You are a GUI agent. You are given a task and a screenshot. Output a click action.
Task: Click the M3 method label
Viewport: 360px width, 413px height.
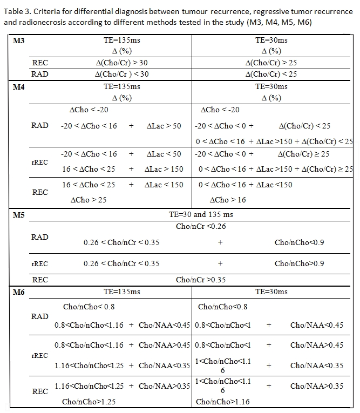click(18, 40)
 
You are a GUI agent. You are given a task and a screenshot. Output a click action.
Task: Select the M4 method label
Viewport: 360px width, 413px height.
click(18, 86)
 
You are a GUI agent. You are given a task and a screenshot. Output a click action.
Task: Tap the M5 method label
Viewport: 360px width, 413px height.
click(18, 215)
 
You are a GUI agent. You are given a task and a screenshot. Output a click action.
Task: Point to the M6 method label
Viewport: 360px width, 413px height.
click(18, 292)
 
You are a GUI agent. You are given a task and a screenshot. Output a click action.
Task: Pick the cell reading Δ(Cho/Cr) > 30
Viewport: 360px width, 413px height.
click(121, 63)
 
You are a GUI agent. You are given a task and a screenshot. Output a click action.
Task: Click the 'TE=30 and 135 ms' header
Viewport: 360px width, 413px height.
click(201, 215)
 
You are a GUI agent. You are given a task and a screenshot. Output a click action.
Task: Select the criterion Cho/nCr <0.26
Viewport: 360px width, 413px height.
click(201, 226)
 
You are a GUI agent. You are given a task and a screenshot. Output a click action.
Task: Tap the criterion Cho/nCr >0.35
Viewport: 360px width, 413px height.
click(201, 280)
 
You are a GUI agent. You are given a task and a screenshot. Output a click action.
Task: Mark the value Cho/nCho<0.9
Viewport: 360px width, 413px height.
click(299, 242)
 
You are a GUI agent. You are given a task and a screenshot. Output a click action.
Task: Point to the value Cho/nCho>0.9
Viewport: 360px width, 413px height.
click(299, 264)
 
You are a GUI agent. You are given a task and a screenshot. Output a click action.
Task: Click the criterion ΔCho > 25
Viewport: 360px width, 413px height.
click(89, 200)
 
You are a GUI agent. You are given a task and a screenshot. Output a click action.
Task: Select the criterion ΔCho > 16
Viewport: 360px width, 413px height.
click(227, 200)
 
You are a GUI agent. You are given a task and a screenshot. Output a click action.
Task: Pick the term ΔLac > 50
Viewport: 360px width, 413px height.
click(164, 126)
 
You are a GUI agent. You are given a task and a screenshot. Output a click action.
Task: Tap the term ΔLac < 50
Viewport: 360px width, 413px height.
click(164, 154)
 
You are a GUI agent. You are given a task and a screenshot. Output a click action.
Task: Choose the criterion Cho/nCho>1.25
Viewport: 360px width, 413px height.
click(89, 402)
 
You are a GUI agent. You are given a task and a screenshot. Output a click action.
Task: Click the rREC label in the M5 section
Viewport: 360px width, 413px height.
click(40, 264)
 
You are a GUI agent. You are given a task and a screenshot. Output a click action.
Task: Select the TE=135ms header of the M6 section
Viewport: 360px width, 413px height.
click(121, 292)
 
